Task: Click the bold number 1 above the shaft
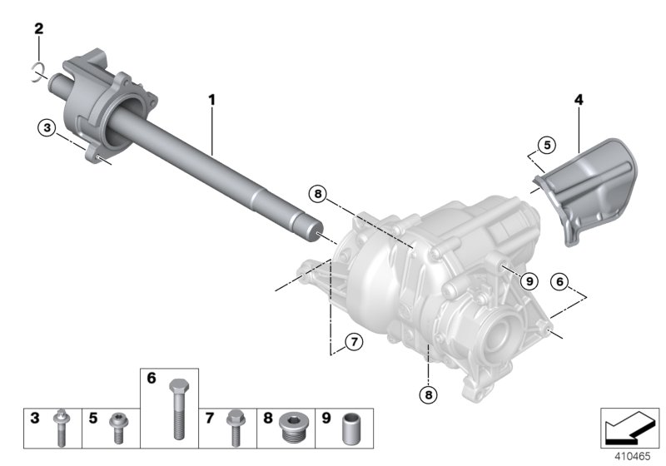[211, 100]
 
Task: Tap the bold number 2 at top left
[38, 29]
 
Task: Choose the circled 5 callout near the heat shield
[545, 146]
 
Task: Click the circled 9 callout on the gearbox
[526, 281]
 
